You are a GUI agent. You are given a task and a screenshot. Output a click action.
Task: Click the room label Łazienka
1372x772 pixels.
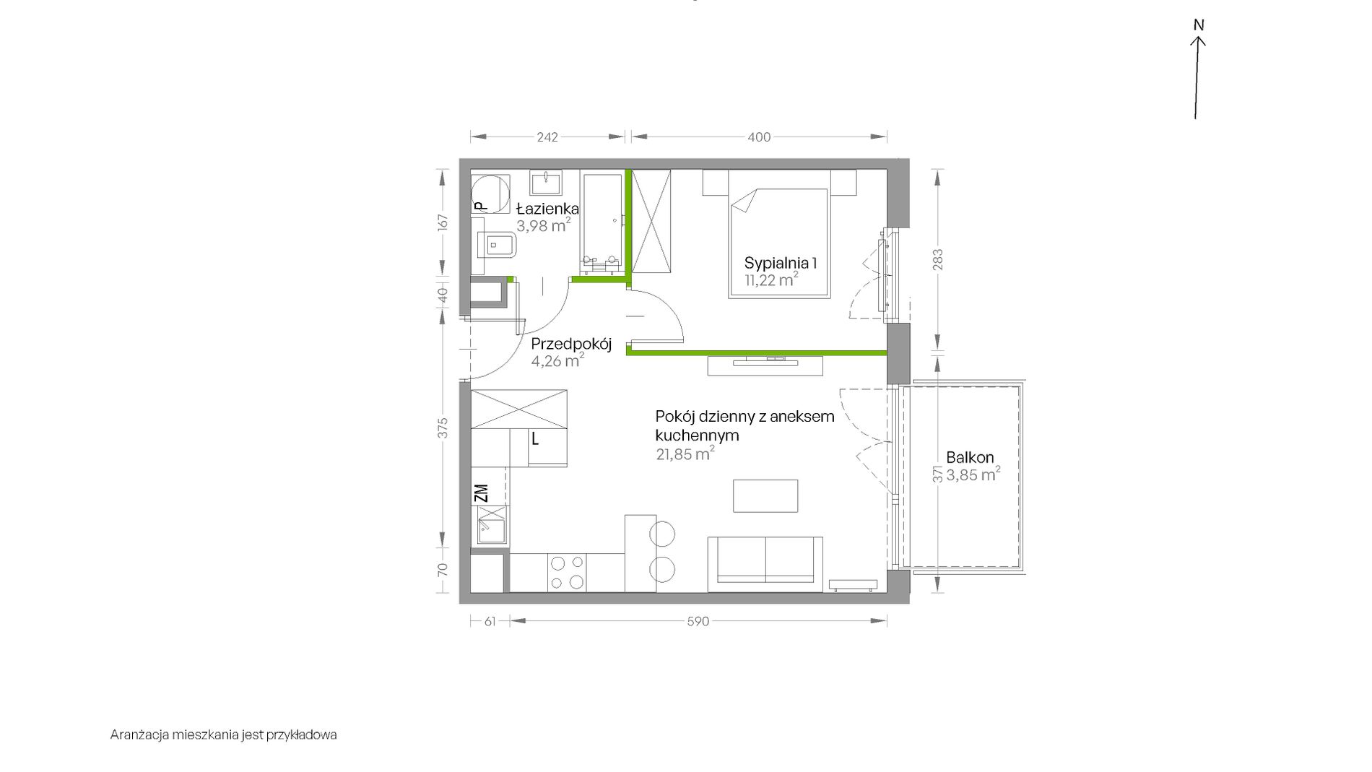548,209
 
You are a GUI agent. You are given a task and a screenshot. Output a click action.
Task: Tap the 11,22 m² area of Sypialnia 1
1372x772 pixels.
772,280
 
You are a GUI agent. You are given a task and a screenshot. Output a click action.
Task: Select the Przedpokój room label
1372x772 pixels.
571,344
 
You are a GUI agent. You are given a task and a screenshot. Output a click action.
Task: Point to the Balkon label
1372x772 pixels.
970,457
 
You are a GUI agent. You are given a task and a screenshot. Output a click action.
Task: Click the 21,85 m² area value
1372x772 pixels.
685,454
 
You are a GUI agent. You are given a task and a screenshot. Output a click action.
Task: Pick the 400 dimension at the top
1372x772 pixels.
759,137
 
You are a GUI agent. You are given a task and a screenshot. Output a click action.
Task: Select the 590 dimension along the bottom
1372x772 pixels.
698,621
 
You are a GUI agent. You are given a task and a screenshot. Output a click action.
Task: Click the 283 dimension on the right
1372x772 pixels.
938,260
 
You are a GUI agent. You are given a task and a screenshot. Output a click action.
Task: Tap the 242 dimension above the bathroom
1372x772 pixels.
547,137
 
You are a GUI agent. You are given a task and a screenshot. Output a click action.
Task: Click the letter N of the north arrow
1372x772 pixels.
1199,25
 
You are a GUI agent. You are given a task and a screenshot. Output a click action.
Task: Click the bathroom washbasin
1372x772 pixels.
547,182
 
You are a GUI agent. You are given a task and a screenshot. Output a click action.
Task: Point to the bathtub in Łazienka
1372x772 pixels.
602,223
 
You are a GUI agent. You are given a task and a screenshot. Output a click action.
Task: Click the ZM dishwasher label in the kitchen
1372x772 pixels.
482,493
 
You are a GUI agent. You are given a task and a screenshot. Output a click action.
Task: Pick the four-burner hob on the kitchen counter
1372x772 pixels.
567,573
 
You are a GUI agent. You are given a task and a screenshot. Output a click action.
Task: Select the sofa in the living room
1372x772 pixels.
765,564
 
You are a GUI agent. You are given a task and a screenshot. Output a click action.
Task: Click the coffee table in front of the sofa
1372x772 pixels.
765,496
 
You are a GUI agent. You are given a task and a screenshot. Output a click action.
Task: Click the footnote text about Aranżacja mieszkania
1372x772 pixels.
224,735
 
